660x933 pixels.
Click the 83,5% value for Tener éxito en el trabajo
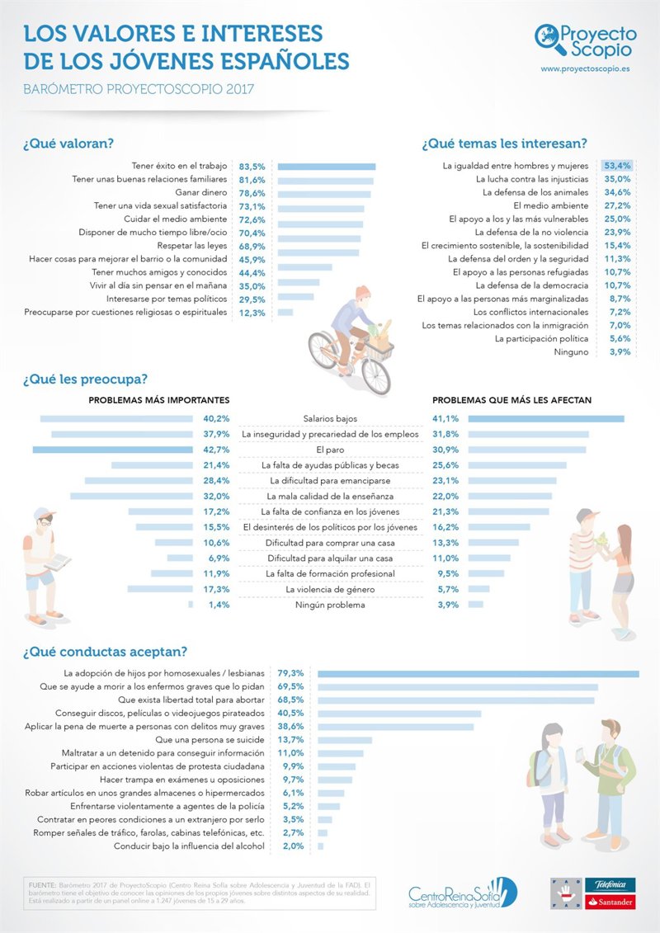(x=252, y=166)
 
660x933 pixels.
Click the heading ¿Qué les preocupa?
(x=85, y=379)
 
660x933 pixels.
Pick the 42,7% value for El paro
(x=216, y=450)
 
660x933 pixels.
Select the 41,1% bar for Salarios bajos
(x=545, y=419)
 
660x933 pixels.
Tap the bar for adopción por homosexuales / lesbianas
(x=478, y=674)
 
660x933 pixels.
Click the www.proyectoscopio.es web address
(x=588, y=69)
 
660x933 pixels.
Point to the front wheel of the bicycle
(x=375, y=375)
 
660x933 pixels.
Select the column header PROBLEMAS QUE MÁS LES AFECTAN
(x=511, y=401)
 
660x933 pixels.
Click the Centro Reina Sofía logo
(x=463, y=893)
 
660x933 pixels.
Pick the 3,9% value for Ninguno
(x=619, y=351)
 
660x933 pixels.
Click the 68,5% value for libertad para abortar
(x=291, y=700)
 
